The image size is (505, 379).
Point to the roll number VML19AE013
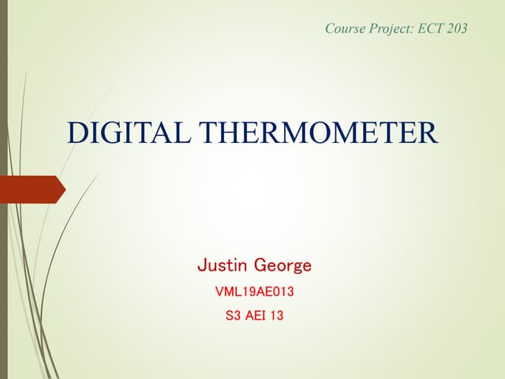[254, 292]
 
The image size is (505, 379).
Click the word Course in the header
[344, 28]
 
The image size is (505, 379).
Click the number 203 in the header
[457, 28]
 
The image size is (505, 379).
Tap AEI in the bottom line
[256, 317]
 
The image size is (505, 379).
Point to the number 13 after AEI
[277, 317]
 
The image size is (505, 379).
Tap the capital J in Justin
[201, 265]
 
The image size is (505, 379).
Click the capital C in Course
[329, 28]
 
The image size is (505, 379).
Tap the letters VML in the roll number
[227, 292]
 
